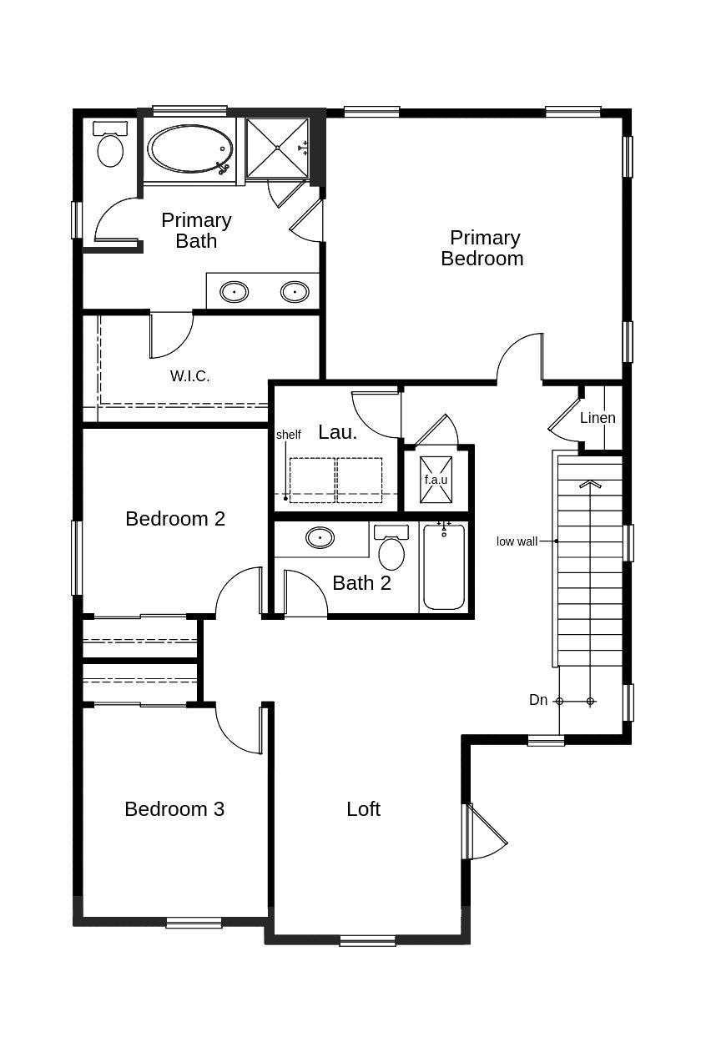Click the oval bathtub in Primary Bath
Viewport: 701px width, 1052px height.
pyautogui.click(x=189, y=148)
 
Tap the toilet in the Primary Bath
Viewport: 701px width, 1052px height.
pyautogui.click(x=110, y=143)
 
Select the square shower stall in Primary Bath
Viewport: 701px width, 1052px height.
pyautogui.click(x=277, y=148)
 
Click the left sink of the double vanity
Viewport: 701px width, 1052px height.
pyautogui.click(x=234, y=292)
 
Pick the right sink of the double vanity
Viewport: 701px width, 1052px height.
pyautogui.click(x=295, y=292)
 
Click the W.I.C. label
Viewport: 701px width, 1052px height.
pyautogui.click(x=189, y=376)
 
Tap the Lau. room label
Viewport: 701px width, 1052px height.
pyautogui.click(x=337, y=432)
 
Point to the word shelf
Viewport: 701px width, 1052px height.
pyautogui.click(x=289, y=435)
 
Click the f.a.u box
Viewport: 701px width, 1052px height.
pyautogui.click(x=436, y=480)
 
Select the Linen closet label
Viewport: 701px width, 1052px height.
pyautogui.click(x=598, y=417)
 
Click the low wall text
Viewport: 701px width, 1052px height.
pyautogui.click(x=517, y=541)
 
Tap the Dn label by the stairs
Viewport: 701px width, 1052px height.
pyautogui.click(x=538, y=700)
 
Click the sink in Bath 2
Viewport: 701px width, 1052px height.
pyautogui.click(x=320, y=537)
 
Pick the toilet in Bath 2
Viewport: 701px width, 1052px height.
pyautogui.click(x=391, y=547)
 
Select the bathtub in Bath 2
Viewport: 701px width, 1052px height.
pyautogui.click(x=444, y=566)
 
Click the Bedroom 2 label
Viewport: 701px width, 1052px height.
pyautogui.click(x=175, y=519)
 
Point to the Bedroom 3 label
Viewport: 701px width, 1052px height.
pyautogui.click(x=174, y=809)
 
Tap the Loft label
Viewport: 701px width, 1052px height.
pyautogui.click(x=364, y=809)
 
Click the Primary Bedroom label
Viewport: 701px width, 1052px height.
pyautogui.click(x=483, y=248)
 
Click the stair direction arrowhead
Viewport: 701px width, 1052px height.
pyautogui.click(x=591, y=483)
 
